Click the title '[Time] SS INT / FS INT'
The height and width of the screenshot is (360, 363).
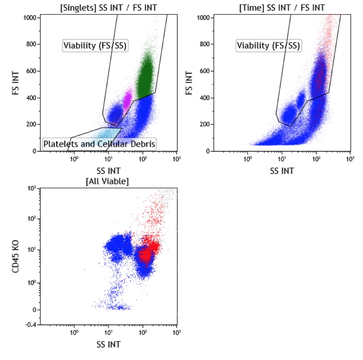click(282, 7)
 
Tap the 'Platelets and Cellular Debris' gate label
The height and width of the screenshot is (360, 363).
click(99, 144)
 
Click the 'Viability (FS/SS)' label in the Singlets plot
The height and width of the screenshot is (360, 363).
click(95, 45)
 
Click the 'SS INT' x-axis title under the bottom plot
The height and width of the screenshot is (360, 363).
click(108, 344)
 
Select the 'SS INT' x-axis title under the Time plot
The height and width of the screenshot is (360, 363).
click(282, 170)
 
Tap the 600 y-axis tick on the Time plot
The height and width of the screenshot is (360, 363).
click(204, 71)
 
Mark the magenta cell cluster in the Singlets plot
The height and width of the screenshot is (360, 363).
click(128, 98)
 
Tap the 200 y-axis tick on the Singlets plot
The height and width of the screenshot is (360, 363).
click(30, 125)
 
